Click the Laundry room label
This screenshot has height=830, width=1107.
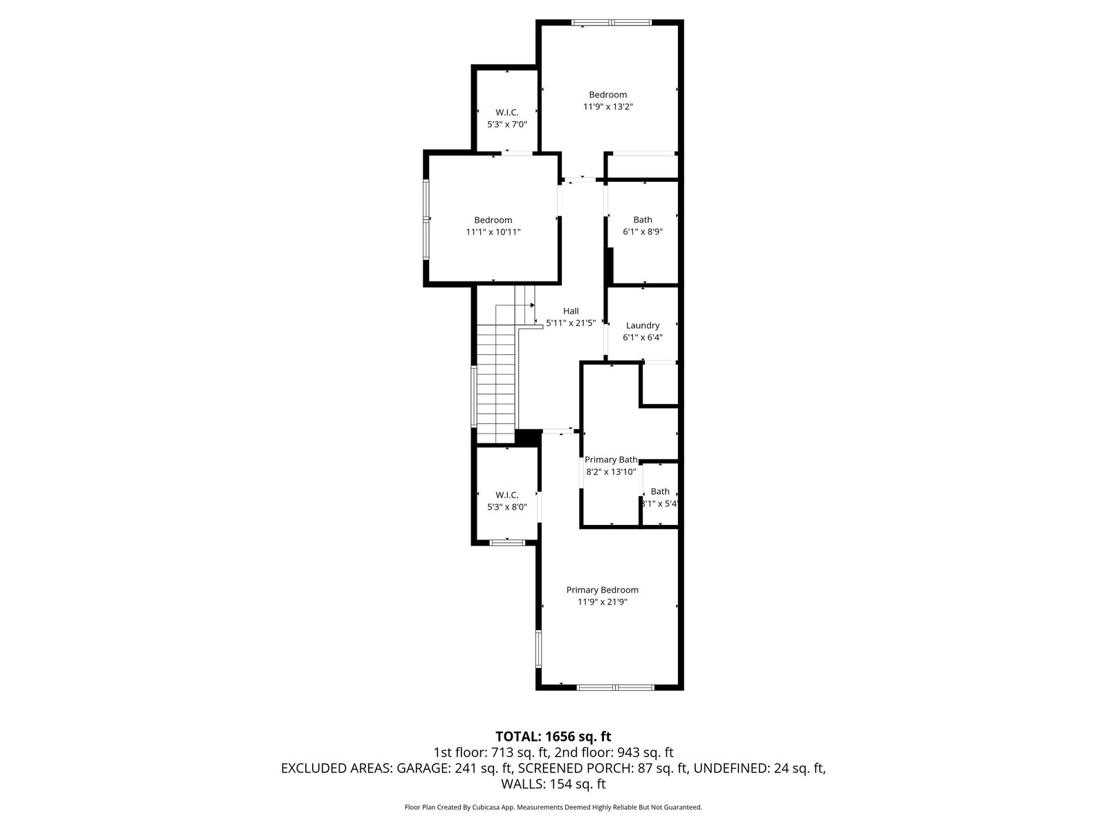click(x=643, y=326)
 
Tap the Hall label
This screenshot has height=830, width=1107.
click(x=571, y=311)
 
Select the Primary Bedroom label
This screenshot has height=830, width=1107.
click(x=602, y=589)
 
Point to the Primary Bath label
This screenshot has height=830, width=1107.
click(x=611, y=459)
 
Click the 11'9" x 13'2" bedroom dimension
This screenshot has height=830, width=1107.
click(x=607, y=107)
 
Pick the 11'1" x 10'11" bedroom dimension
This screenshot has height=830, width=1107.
click(x=493, y=232)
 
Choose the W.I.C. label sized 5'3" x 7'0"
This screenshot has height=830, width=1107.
click(x=507, y=112)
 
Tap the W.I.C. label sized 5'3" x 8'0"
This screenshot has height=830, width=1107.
click(x=507, y=495)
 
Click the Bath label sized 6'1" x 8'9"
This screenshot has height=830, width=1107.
click(x=643, y=220)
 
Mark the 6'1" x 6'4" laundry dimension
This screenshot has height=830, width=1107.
click(x=643, y=337)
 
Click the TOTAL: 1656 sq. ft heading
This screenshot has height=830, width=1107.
click(x=553, y=736)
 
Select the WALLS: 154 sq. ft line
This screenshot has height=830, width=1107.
click(x=553, y=784)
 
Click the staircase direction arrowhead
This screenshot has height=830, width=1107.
click(x=533, y=305)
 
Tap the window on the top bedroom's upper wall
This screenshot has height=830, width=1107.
click(x=611, y=22)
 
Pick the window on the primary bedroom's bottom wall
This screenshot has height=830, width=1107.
click(x=615, y=687)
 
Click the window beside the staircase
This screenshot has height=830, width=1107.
click(x=473, y=396)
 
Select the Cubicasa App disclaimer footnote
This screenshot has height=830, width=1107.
click(x=553, y=806)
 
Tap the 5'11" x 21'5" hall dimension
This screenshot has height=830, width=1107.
click(x=571, y=322)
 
